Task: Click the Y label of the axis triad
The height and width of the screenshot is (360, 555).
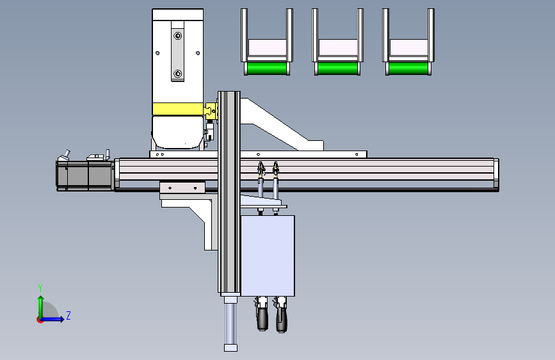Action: [40, 288]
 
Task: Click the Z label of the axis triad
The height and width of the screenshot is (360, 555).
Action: [68, 315]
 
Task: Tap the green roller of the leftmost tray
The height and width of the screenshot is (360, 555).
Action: [266, 68]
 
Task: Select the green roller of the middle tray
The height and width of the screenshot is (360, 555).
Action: [337, 68]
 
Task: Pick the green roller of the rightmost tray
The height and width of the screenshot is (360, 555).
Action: [408, 68]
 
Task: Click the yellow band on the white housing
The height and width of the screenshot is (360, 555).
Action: [178, 109]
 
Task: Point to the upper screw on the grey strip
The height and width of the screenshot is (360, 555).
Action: [178, 36]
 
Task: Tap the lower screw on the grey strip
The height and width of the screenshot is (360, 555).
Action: [178, 74]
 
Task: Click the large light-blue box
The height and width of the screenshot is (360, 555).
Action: [267, 256]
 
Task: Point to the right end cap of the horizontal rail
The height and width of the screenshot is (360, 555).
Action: [496, 174]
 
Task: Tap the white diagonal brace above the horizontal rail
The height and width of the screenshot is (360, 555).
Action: [280, 124]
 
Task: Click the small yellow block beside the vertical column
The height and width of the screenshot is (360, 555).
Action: [211, 111]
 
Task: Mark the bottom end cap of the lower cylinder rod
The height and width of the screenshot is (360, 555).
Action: [231, 348]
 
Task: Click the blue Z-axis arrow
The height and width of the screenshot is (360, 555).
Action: [52, 319]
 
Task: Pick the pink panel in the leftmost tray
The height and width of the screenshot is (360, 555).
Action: [267, 47]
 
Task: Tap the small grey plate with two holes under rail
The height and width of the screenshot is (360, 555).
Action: [182, 188]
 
